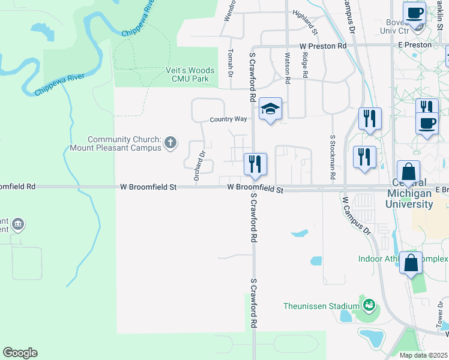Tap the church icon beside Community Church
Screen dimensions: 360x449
point(170,142)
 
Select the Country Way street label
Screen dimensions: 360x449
point(228,119)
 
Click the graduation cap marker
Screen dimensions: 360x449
point(271,110)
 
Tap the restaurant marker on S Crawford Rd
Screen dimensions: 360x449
point(255,164)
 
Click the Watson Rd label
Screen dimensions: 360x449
point(288,64)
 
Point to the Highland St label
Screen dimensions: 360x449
point(305,22)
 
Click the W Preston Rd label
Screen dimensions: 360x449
point(323,46)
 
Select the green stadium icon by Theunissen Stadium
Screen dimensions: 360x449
point(369,305)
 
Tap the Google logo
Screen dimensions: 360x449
point(20,352)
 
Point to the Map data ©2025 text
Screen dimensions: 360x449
point(423,355)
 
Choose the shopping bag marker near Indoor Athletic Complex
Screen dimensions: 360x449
point(411,263)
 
